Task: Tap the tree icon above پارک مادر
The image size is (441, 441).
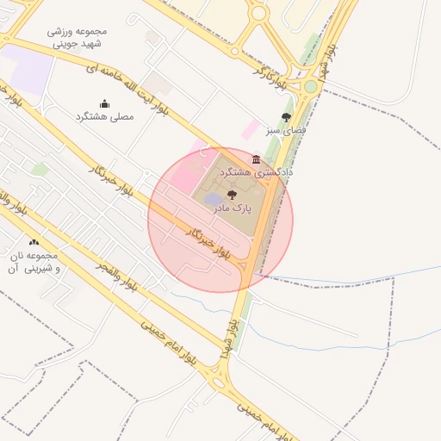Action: [x=231, y=196]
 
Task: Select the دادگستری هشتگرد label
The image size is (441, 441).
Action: [x=255, y=172]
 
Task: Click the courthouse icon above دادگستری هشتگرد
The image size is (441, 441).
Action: [x=256, y=159]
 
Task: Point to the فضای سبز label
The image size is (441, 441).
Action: [x=287, y=132]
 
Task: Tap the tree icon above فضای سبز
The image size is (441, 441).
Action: [x=287, y=118]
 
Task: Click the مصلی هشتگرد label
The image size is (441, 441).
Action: [x=104, y=115]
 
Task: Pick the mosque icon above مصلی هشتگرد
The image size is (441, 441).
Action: [x=104, y=103]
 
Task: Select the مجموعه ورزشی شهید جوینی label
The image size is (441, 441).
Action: [x=76, y=37]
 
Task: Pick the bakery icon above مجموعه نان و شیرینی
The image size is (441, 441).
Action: [x=34, y=243]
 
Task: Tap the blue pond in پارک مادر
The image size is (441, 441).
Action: [x=214, y=201]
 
